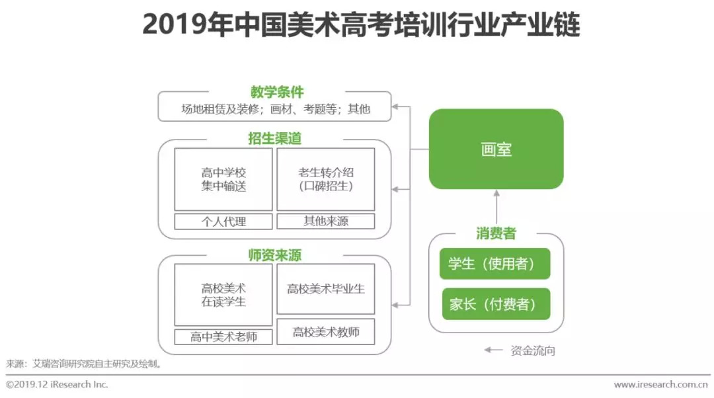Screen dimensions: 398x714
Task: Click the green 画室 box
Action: pos(496,149)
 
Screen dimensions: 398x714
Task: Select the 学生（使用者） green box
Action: pos(495,264)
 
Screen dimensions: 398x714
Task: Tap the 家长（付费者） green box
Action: pos(495,304)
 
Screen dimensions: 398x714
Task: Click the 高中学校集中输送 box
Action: pos(223,179)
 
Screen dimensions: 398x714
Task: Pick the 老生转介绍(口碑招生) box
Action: pos(325,179)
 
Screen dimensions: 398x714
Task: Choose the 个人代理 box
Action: pos(223,221)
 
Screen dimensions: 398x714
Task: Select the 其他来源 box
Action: pos(325,221)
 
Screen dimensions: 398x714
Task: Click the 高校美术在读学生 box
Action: pos(223,295)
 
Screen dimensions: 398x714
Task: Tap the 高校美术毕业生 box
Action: pos(325,289)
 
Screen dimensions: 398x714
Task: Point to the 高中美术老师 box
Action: pos(223,337)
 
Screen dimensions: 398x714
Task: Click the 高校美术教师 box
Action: pos(325,332)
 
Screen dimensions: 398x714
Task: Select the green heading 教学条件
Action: pos(276,92)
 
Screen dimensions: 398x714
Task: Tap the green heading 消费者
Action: pos(496,233)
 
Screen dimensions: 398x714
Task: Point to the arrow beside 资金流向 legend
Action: pos(493,350)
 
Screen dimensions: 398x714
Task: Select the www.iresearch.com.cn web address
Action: pos(661,385)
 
